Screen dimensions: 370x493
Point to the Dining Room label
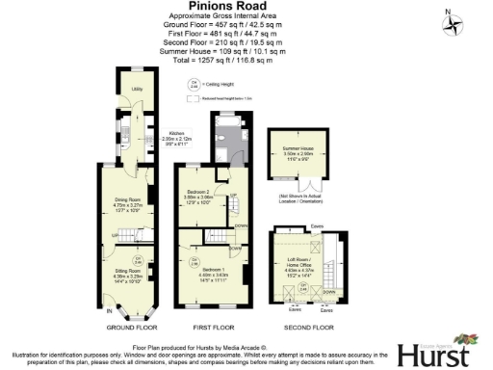(x=128, y=201)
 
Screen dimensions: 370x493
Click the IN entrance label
(x=108, y=312)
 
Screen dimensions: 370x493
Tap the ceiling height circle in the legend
(x=193, y=84)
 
